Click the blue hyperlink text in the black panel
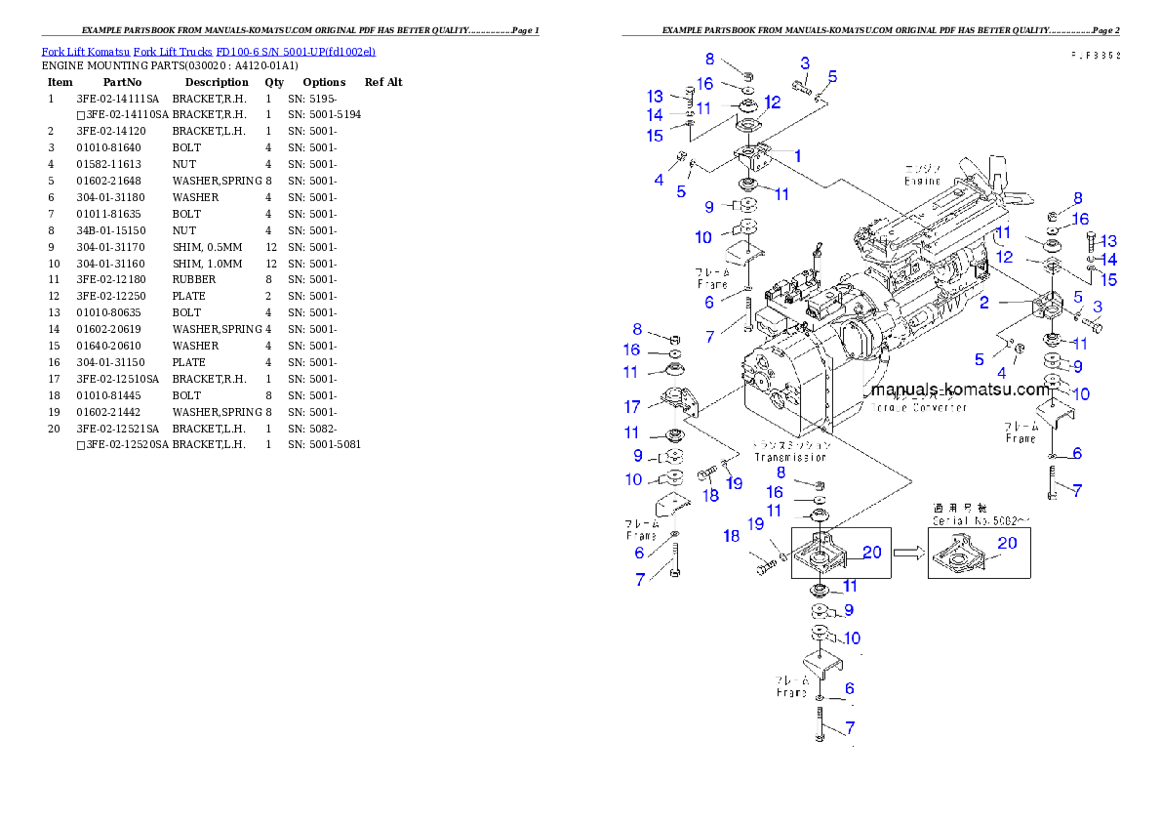(207, 51)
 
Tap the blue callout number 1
(797, 155)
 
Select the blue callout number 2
(984, 303)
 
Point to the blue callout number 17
(632, 406)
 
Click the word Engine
(921, 181)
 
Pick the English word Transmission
(790, 456)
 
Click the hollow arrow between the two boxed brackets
(908, 553)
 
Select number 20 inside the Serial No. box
(1007, 543)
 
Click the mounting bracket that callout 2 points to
(1052, 305)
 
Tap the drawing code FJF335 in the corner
(1094, 56)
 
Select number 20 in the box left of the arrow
(872, 553)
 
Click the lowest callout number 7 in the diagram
(850, 727)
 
